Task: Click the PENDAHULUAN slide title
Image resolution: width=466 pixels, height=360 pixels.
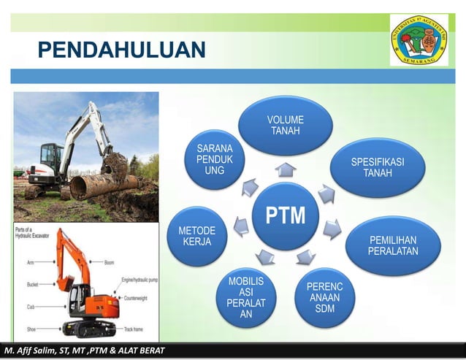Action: (121, 50)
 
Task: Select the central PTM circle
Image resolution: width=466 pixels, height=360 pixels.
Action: (286, 215)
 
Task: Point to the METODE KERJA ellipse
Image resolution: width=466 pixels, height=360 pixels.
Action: (196, 236)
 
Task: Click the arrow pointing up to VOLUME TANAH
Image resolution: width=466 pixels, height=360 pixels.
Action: (286, 169)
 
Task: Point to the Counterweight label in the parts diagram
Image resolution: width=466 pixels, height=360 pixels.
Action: (139, 298)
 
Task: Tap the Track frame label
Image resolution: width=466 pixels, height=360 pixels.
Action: (134, 330)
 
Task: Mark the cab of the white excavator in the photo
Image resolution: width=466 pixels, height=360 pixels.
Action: (50, 158)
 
